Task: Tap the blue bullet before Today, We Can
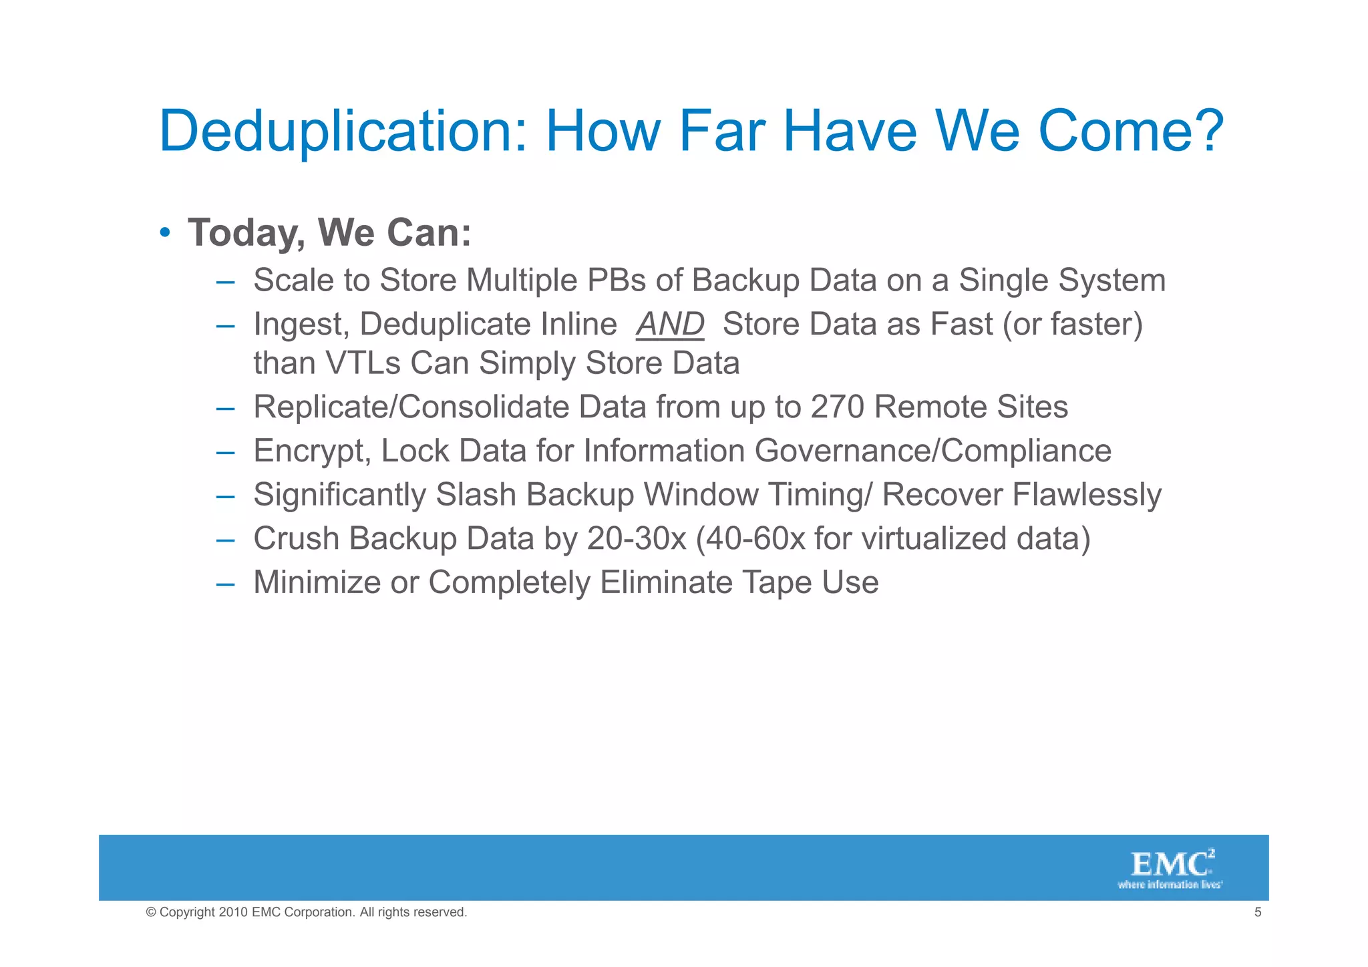coord(164,233)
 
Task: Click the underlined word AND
coord(670,325)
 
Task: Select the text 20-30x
coord(637,539)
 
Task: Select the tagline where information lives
coord(1170,885)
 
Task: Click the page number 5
coord(1258,912)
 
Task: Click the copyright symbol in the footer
coord(151,912)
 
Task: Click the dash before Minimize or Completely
coord(225,584)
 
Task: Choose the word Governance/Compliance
coord(932,451)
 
